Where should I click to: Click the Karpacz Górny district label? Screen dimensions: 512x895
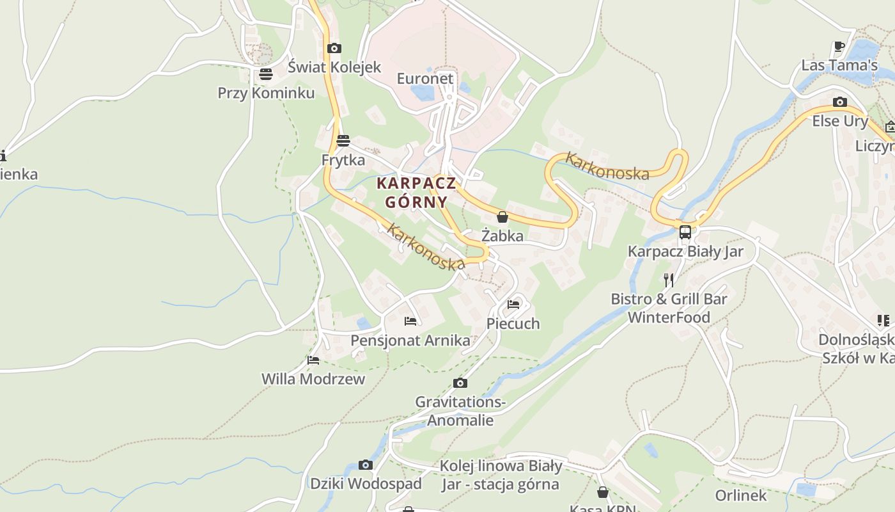416,192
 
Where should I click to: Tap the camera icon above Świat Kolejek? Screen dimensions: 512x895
334,48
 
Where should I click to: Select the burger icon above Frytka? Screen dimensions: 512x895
343,140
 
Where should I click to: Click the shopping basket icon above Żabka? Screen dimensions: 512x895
502,217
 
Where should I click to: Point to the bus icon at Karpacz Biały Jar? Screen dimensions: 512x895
685,232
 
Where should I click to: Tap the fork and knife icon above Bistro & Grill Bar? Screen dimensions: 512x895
669,280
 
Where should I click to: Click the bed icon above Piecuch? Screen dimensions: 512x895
513,305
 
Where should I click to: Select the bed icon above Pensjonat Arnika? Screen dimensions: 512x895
410,321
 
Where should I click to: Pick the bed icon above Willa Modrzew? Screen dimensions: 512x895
313,360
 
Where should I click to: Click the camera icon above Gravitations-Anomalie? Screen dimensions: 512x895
460,383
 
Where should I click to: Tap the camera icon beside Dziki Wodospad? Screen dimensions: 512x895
366,465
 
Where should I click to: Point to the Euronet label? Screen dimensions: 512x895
425,79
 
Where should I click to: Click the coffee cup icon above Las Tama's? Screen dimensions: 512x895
839,46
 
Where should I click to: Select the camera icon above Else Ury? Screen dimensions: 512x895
840,102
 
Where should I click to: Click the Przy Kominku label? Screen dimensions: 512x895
266,93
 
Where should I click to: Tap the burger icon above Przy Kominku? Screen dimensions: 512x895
266,74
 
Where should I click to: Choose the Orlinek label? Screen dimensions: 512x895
740,495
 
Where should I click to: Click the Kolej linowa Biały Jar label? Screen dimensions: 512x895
501,475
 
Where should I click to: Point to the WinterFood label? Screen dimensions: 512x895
669,317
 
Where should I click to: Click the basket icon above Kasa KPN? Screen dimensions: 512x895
602,492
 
